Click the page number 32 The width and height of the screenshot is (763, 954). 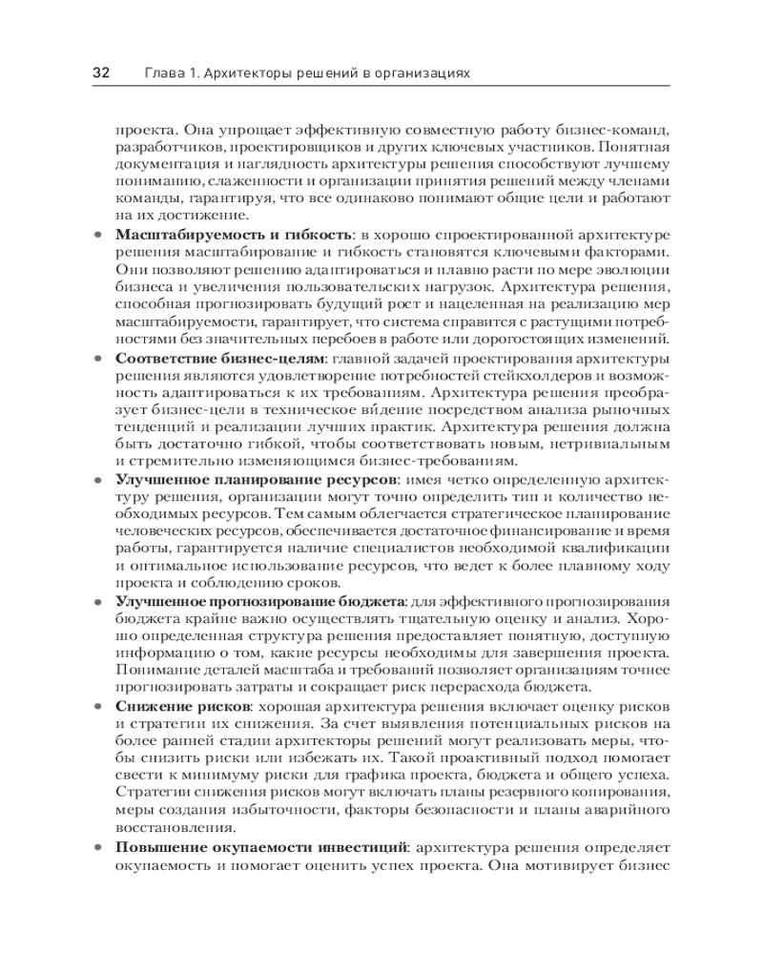tap(101, 73)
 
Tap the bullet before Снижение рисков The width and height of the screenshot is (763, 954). tap(98, 707)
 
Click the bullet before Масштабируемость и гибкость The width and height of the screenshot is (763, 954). tap(98, 236)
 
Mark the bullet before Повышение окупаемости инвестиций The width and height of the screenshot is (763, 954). tap(98, 847)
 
